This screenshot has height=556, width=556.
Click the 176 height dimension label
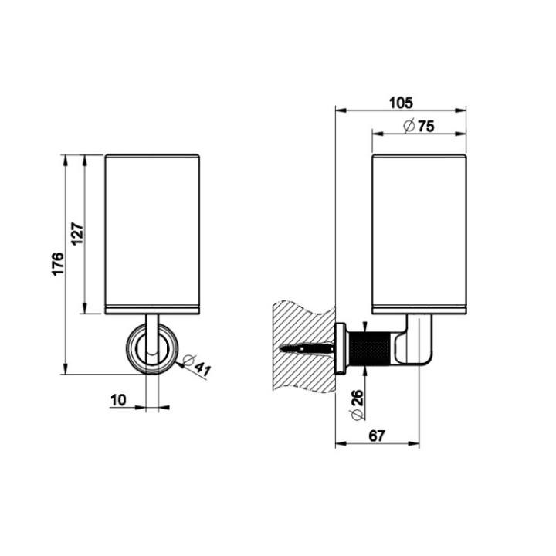pos(58,263)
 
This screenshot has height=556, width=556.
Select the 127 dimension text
pos(77,233)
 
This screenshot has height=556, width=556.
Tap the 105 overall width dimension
pos(401,103)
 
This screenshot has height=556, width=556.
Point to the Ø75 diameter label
pos(419,126)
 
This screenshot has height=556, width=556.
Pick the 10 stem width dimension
pos(118,400)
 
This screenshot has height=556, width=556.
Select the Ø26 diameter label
pos(358,405)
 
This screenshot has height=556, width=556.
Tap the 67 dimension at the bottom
pos(377,436)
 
